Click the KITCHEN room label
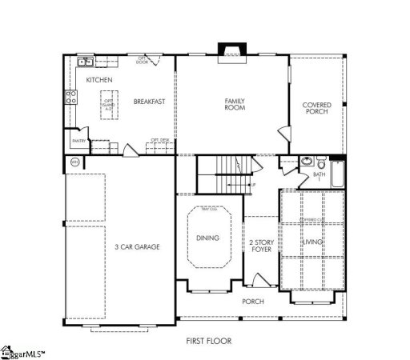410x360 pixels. coord(99,81)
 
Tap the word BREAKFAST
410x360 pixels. coord(150,102)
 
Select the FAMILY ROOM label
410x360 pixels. coord(234,104)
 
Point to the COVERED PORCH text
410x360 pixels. coord(317,108)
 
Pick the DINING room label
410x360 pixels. coord(207,238)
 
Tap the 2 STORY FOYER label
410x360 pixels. coord(260,246)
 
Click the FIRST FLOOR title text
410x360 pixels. coord(209,340)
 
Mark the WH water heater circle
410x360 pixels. coord(75,162)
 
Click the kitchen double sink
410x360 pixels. coord(85,62)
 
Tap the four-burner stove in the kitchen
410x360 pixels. coord(70,98)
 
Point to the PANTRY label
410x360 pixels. coord(78,141)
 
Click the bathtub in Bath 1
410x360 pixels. coord(336,173)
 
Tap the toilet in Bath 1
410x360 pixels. coord(319,159)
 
